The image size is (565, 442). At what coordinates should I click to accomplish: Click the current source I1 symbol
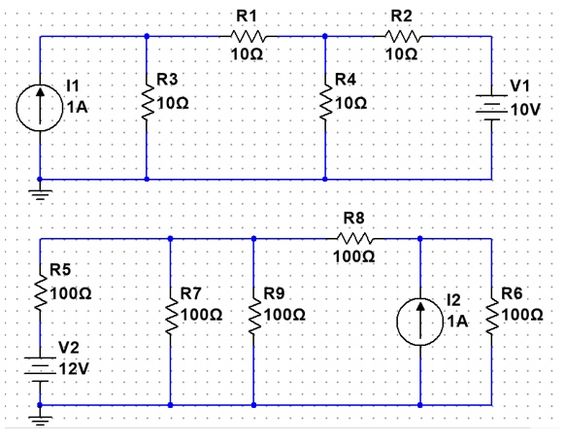pyautogui.click(x=40, y=108)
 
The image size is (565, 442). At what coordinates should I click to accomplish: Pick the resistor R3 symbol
pyautogui.click(x=147, y=101)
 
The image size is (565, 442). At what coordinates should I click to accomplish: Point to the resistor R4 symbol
pyautogui.click(x=324, y=101)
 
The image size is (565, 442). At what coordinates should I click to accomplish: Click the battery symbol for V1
pyautogui.click(x=492, y=107)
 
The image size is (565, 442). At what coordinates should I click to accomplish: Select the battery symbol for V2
pyautogui.click(x=40, y=368)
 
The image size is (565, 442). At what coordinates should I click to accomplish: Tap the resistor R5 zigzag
pyautogui.click(x=40, y=289)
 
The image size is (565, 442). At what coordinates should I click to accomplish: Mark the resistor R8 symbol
pyautogui.click(x=353, y=237)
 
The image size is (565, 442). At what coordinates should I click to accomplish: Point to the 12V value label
pyautogui.click(x=71, y=369)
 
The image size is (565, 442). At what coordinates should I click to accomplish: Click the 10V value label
pyautogui.click(x=524, y=109)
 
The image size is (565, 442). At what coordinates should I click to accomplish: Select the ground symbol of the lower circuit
pyautogui.click(x=40, y=419)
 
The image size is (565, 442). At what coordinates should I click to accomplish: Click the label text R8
pyautogui.click(x=354, y=218)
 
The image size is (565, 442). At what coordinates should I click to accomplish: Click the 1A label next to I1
pyautogui.click(x=75, y=109)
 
